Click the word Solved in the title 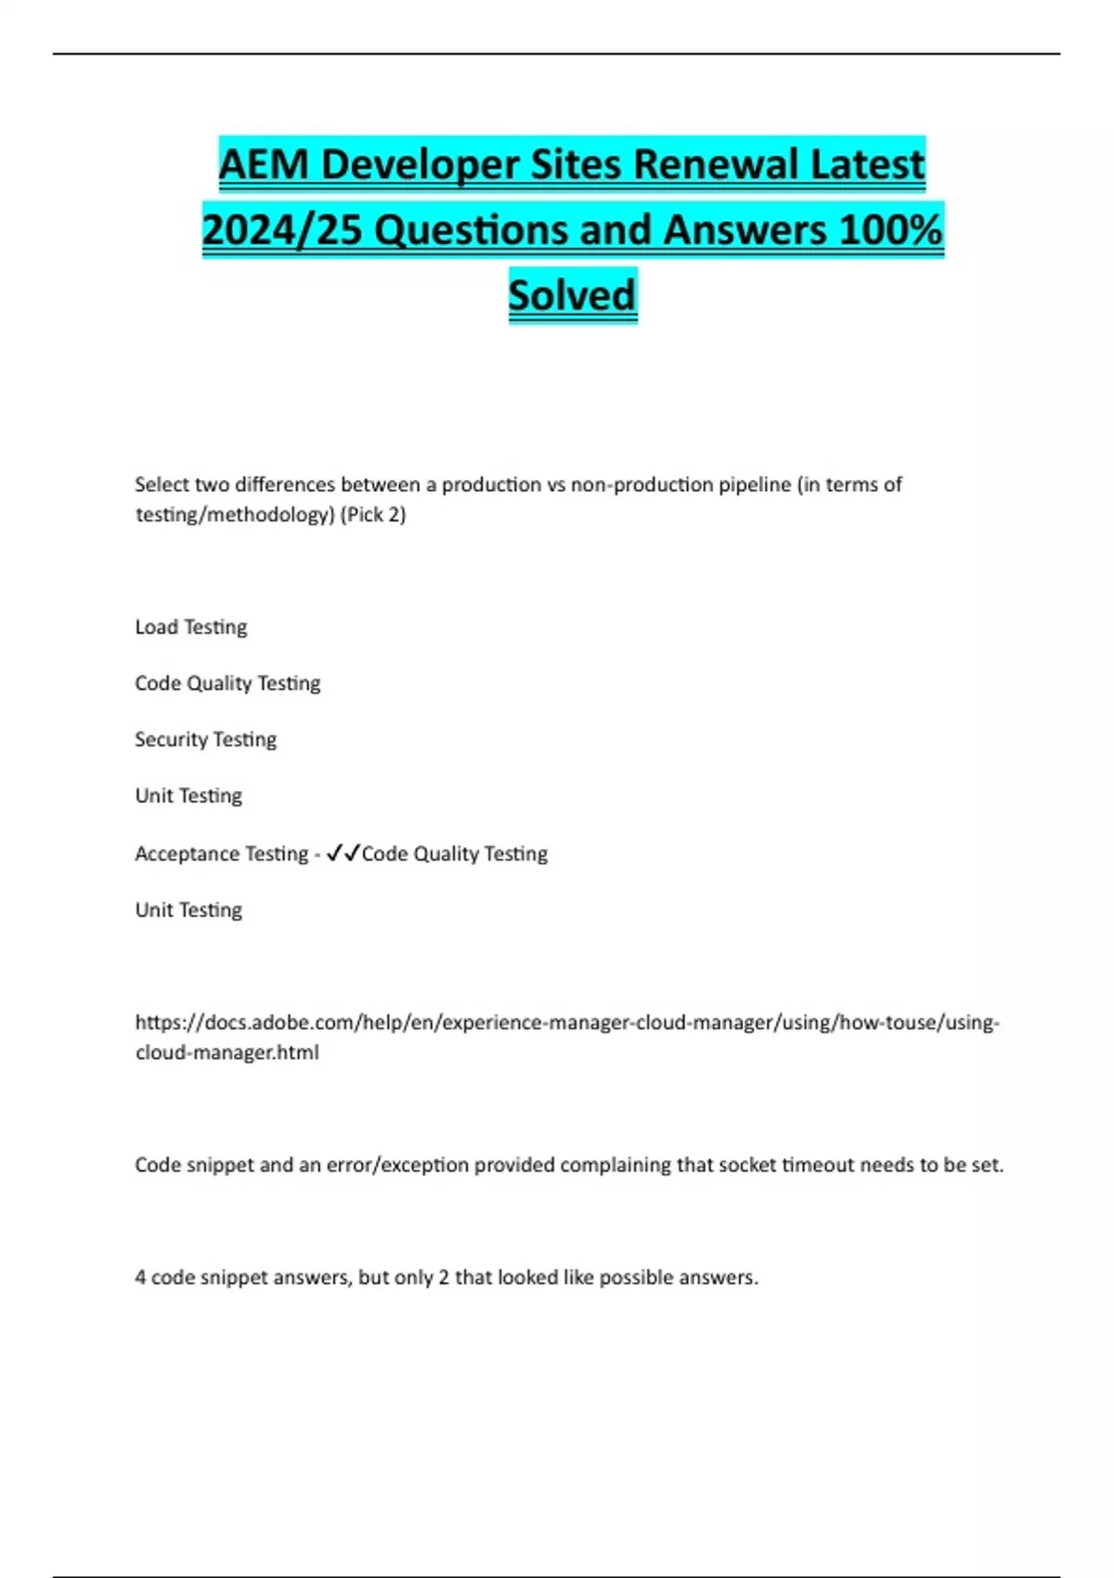[572, 295]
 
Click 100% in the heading [890, 230]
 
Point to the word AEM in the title [263, 165]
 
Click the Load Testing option [191, 627]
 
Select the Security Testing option [205, 740]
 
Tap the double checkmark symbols [343, 853]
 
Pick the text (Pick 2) [373, 515]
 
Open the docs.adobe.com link [566, 1023]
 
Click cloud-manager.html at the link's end [227, 1053]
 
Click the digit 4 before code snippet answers [140, 1277]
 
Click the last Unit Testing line [188, 911]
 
